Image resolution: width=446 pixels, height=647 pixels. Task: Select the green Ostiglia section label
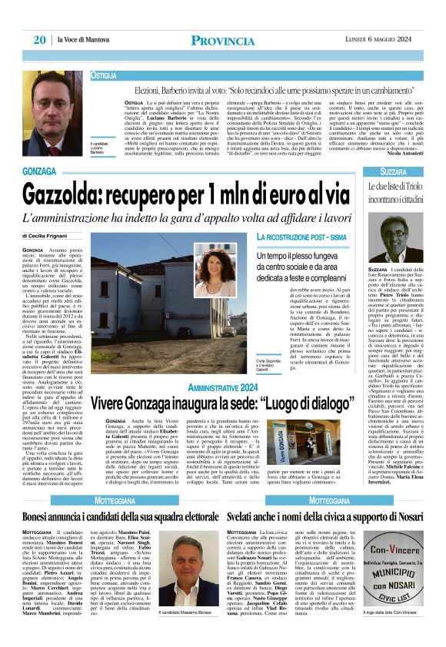coord(104,76)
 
